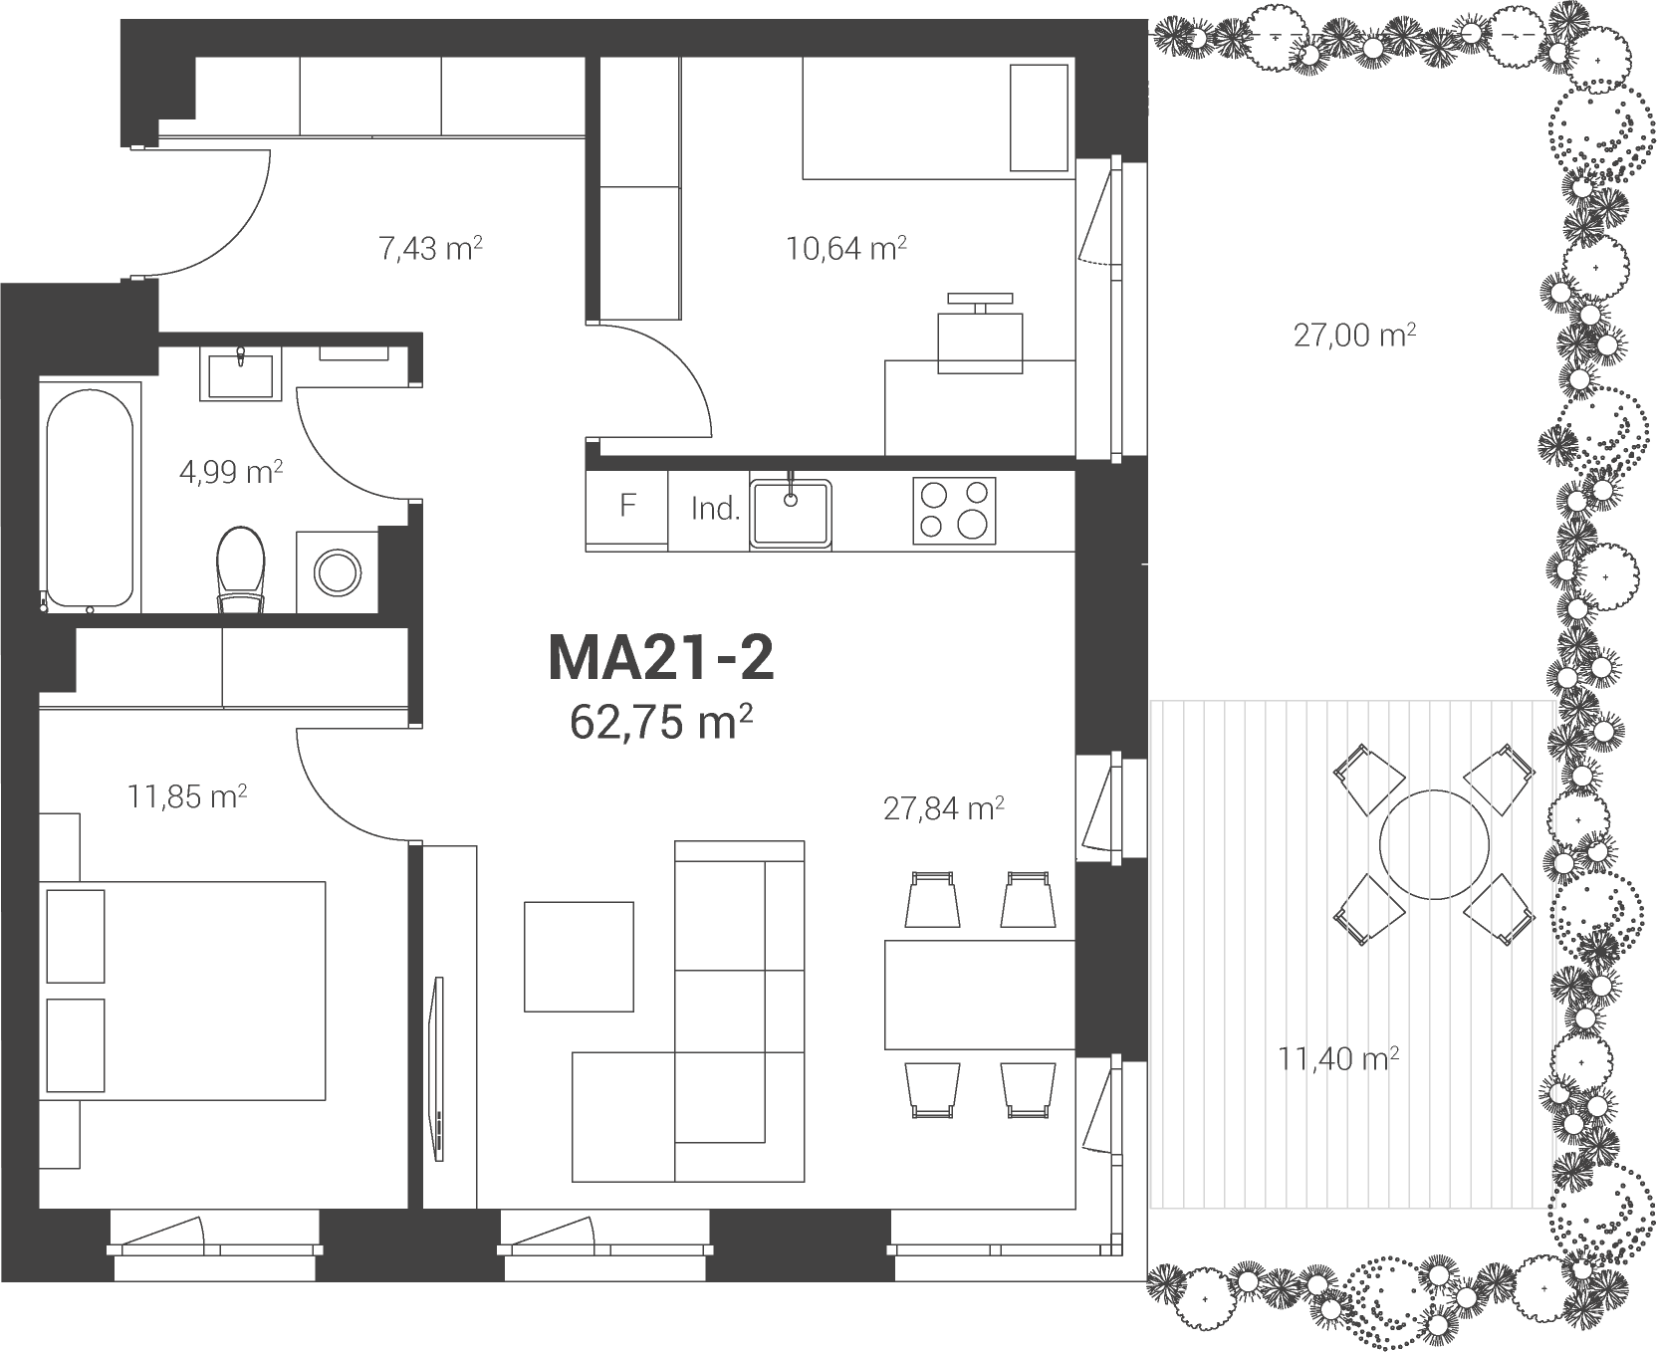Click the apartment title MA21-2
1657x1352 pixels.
point(661,659)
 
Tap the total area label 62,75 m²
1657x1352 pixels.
point(660,723)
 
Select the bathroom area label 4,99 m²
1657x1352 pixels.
point(231,472)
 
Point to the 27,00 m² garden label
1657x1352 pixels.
point(1355,336)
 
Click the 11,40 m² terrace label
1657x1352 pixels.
point(1339,1058)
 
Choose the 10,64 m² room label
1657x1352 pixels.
point(846,247)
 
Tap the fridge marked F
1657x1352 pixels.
point(627,509)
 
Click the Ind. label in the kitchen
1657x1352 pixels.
point(716,510)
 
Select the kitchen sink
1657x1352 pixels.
point(791,513)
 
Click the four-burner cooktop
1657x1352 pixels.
point(953,510)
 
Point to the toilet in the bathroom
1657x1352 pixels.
point(241,567)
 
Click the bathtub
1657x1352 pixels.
point(89,499)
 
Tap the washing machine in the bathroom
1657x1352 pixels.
point(338,570)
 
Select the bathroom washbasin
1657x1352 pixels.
point(240,371)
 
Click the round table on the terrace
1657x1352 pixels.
point(1432,845)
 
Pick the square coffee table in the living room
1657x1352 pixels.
point(580,956)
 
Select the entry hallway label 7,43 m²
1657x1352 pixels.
point(431,247)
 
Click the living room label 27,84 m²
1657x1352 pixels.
point(943,808)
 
